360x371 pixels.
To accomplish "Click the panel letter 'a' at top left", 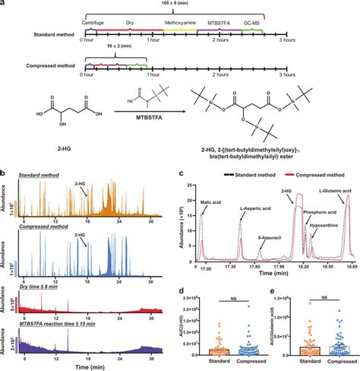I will tap(4, 4).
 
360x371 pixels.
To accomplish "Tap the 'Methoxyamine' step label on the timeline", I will tap(178, 26).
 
